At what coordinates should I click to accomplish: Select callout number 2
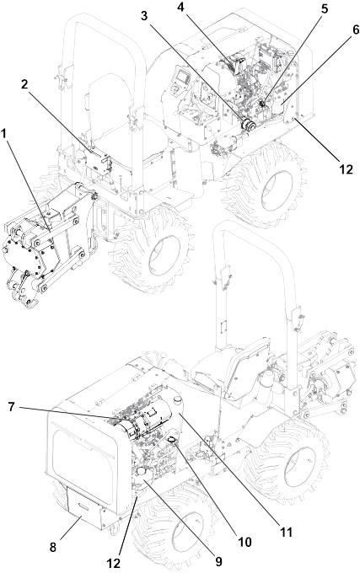coord(24,85)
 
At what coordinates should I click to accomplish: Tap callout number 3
coord(145,16)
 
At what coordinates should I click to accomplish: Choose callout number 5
coord(325,9)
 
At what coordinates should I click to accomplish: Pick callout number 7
coord(12,407)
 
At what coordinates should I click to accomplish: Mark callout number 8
coord(53,548)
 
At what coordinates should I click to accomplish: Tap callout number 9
coord(218,561)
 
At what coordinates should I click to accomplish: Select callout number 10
coord(244,542)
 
